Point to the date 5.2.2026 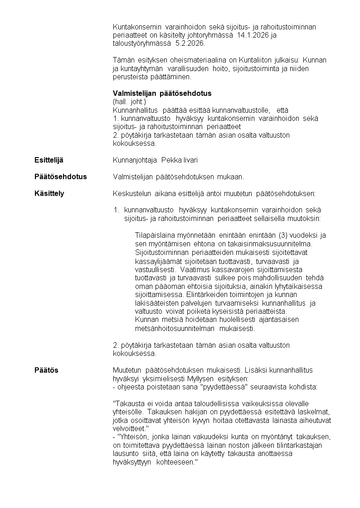[190, 43]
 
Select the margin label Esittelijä [49, 160]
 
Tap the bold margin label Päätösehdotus [60, 177]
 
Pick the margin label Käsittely [49, 193]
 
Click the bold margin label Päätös [46, 370]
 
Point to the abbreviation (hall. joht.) [126, 101]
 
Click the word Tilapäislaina [156, 235]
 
